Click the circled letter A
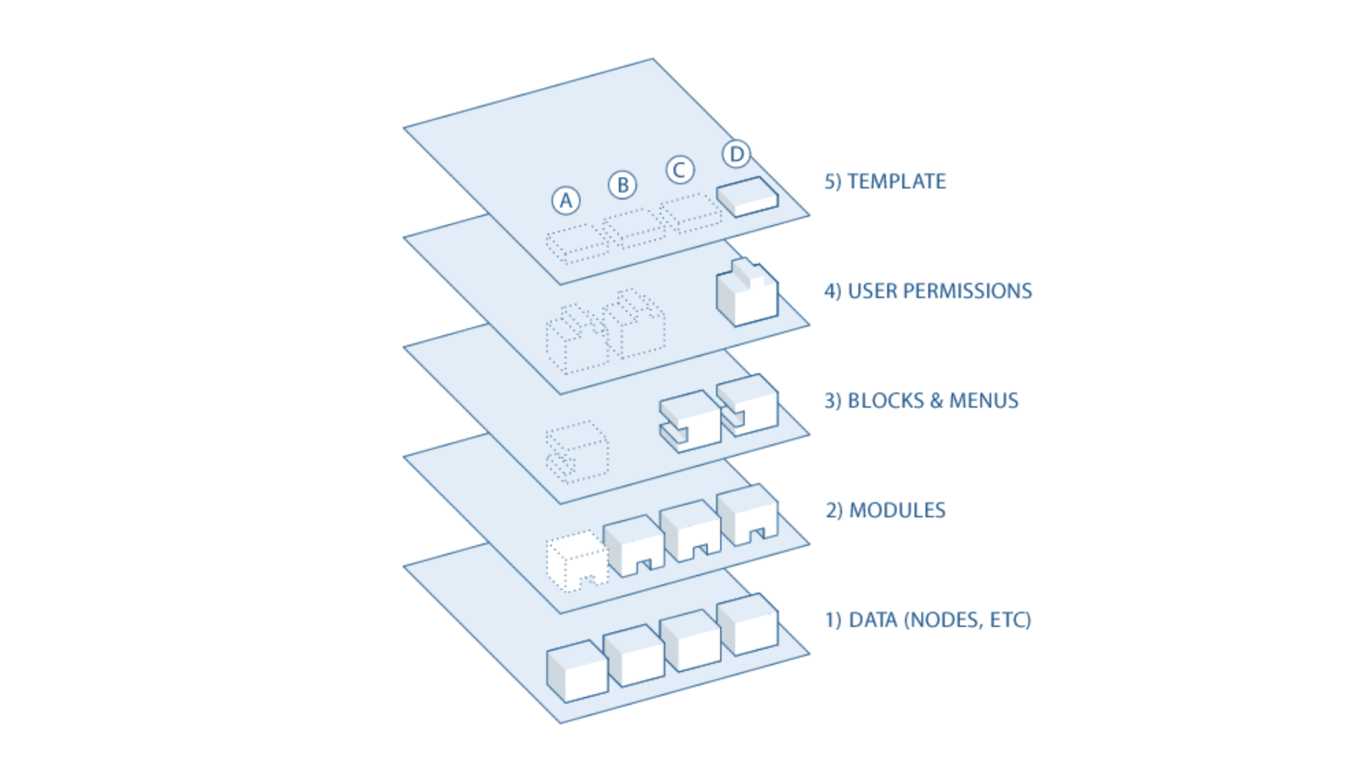(565, 201)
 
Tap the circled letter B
(622, 185)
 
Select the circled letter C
(680, 170)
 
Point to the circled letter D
(737, 154)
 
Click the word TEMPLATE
(897, 182)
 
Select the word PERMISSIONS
(967, 291)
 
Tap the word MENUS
(984, 401)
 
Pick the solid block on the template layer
(747, 197)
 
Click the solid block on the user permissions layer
(747, 293)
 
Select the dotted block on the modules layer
(577, 560)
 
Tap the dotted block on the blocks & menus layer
(577, 451)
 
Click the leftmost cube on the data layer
(577, 671)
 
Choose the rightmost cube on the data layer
(747, 624)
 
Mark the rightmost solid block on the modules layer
(747, 515)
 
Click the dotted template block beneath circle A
(577, 243)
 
